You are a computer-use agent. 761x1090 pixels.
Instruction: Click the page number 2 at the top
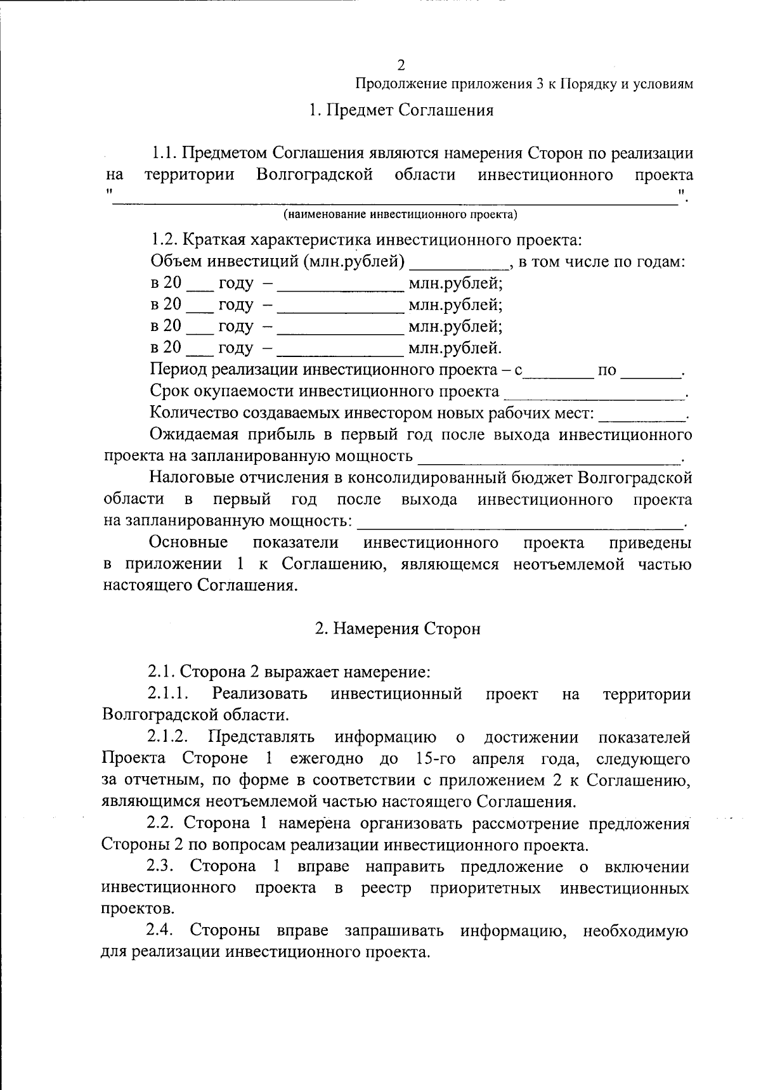pyautogui.click(x=400, y=65)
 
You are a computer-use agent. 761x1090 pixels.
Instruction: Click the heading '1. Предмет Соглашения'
pyautogui.click(x=401, y=110)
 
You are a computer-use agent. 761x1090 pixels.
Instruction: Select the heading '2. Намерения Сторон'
pyautogui.click(x=398, y=628)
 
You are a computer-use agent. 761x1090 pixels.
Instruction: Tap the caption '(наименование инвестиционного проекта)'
pyautogui.click(x=400, y=214)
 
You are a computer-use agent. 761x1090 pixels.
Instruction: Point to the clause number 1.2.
pyautogui.click(x=163, y=240)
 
